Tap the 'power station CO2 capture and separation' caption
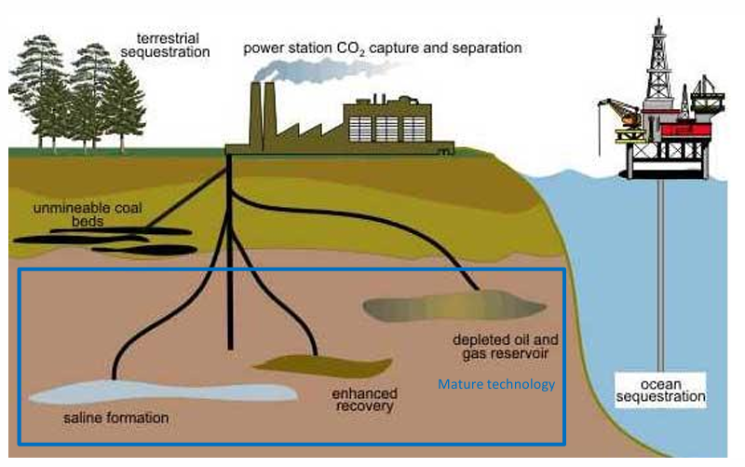[x=382, y=46]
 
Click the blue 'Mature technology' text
[x=497, y=384]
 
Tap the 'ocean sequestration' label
[x=660, y=391]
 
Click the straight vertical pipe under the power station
[x=229, y=280]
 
